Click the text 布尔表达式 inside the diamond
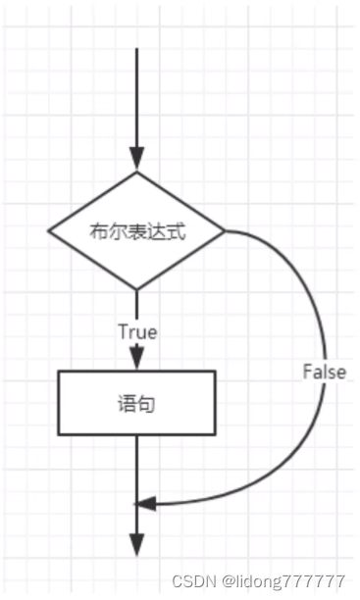(x=136, y=231)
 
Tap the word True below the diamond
(x=137, y=332)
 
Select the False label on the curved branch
(x=323, y=373)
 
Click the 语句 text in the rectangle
(x=136, y=403)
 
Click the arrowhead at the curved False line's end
(x=145, y=504)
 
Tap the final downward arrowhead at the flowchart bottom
(x=136, y=545)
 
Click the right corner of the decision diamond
(x=225, y=231)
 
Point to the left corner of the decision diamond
(x=49, y=231)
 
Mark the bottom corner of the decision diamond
(x=136, y=290)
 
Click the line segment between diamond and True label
(x=136, y=306)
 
